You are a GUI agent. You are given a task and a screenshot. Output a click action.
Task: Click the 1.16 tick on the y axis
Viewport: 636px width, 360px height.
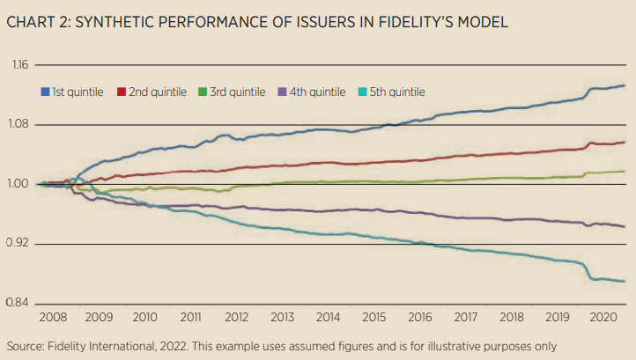click(19, 65)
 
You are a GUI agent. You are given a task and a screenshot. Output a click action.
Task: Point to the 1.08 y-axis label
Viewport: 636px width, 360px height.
click(19, 125)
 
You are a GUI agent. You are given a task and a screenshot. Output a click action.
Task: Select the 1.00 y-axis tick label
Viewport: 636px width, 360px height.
click(19, 184)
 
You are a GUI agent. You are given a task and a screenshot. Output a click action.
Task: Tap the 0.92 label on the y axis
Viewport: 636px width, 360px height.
click(19, 244)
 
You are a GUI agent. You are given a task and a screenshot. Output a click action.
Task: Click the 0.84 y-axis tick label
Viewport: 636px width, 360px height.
click(19, 304)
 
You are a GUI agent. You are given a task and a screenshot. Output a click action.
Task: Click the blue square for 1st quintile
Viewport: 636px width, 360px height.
click(45, 92)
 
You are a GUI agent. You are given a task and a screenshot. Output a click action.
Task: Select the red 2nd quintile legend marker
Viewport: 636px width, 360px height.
click(122, 92)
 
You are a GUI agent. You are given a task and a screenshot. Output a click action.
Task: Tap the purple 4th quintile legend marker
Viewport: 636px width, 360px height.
click(281, 92)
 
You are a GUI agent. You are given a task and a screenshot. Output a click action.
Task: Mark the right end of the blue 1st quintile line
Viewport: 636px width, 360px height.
click(625, 85)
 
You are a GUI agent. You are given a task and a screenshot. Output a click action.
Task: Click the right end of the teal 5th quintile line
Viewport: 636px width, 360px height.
click(625, 281)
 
